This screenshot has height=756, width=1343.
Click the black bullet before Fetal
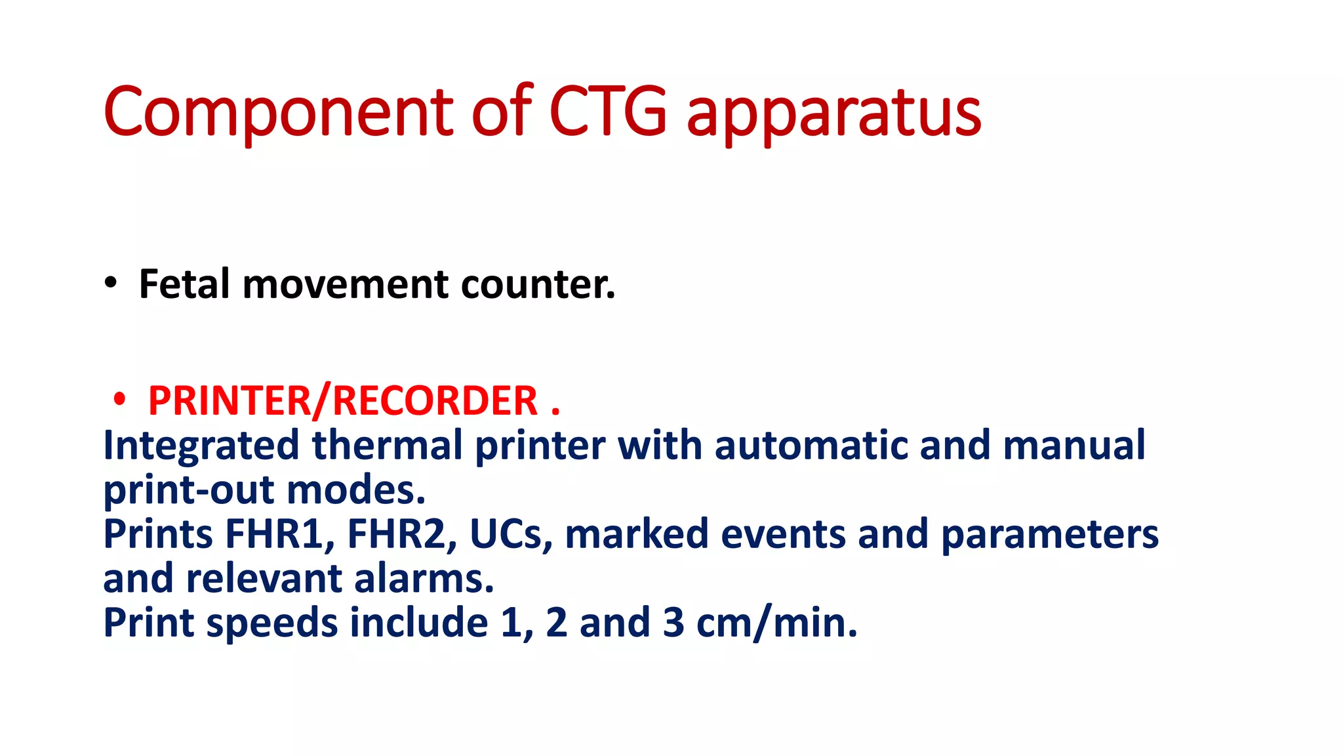click(x=111, y=283)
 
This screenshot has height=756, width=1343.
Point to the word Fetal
click(x=184, y=284)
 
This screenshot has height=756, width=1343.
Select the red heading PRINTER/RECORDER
click(x=343, y=400)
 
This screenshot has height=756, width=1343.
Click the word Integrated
click(x=201, y=446)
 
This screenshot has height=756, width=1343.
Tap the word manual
click(x=1074, y=445)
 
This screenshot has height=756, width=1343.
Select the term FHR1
click(x=279, y=534)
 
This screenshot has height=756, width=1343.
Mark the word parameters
click(x=1050, y=535)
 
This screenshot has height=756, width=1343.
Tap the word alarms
click(x=424, y=579)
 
